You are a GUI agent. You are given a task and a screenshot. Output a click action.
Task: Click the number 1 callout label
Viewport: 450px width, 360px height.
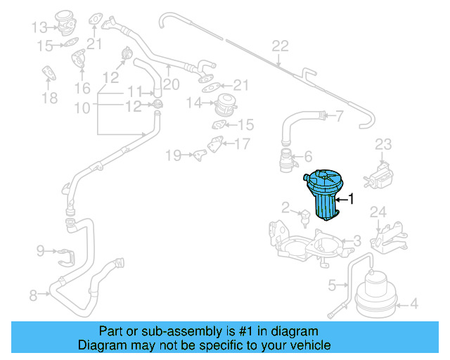pyautogui.click(x=352, y=200)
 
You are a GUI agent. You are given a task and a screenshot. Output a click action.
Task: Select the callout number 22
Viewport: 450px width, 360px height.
pyautogui.click(x=280, y=47)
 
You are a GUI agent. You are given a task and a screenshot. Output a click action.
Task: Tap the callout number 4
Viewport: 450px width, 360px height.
pyautogui.click(x=414, y=304)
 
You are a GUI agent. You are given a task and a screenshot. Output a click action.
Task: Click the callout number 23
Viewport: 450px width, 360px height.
pyautogui.click(x=382, y=145)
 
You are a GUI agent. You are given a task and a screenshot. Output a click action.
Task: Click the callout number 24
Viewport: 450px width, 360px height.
pyautogui.click(x=378, y=212)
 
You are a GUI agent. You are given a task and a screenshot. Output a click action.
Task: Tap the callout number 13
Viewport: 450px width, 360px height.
pyautogui.click(x=39, y=27)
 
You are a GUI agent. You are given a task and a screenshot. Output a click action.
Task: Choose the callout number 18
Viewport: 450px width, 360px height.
pyautogui.click(x=49, y=98)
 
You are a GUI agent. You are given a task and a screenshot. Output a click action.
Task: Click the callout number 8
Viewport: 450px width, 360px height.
pyautogui.click(x=33, y=296)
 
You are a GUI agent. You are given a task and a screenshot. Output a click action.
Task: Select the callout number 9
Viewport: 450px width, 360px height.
pyautogui.click(x=40, y=250)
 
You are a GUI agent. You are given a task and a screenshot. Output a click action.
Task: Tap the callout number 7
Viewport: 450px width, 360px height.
pyautogui.click(x=339, y=116)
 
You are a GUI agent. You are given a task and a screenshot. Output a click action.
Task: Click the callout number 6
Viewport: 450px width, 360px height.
pyautogui.click(x=307, y=157)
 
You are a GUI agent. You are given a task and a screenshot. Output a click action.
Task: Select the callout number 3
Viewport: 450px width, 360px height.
pyautogui.click(x=357, y=241)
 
